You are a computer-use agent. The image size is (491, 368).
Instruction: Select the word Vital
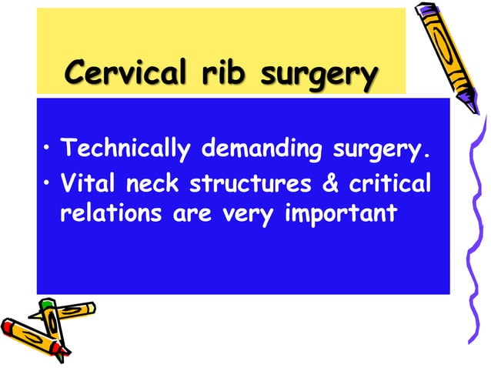[x=85, y=185]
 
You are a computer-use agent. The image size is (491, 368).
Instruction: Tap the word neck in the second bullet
[x=153, y=185]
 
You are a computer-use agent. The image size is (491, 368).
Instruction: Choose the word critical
[x=390, y=185]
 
